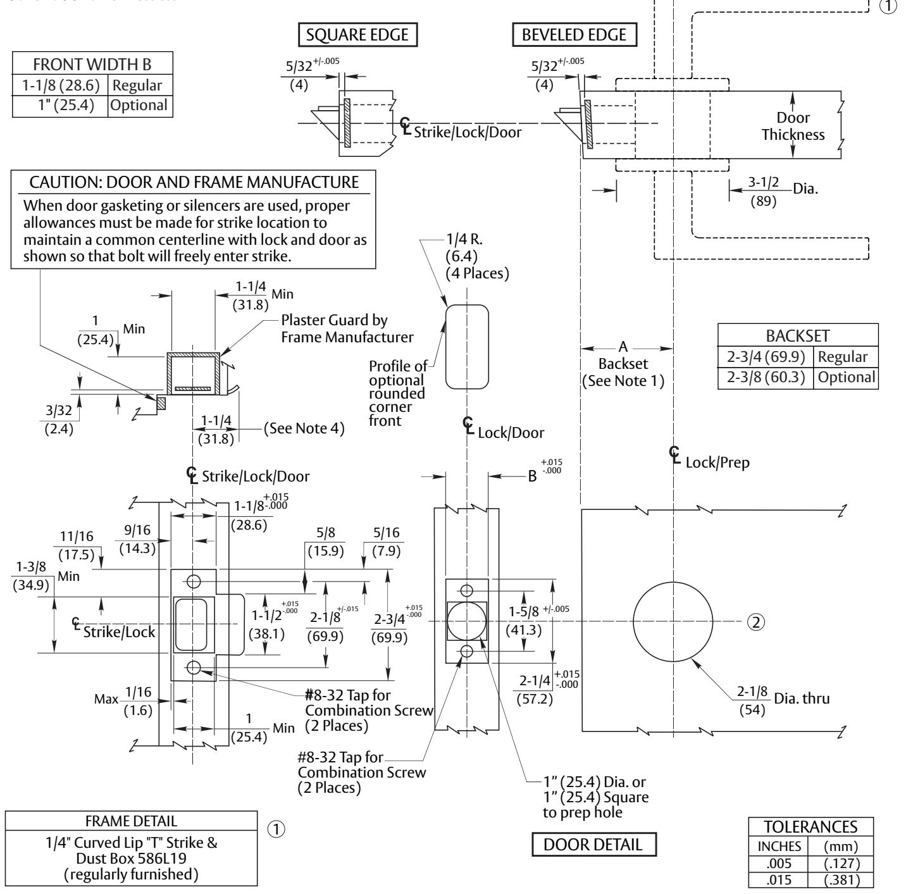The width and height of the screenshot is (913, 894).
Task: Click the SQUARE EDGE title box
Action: (x=357, y=35)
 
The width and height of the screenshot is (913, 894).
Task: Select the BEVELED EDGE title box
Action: (x=575, y=35)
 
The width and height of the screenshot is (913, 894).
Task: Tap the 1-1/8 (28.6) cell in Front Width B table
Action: (x=61, y=85)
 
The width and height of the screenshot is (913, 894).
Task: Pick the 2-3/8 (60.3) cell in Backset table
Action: (x=766, y=377)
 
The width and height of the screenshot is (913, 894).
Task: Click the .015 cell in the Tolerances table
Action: (x=778, y=880)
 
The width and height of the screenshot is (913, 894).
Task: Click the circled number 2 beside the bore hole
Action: (x=755, y=621)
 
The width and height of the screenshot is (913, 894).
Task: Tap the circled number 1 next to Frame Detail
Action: (x=276, y=829)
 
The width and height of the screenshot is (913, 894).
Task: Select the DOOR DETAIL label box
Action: (x=593, y=844)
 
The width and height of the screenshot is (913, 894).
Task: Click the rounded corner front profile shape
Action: (x=446, y=347)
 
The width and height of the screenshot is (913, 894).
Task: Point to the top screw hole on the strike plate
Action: (x=194, y=581)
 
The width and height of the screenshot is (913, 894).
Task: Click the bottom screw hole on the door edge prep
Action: (x=467, y=652)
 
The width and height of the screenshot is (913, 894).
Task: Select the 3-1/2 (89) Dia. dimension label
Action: (x=783, y=192)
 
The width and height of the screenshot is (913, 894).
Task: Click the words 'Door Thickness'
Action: (x=793, y=126)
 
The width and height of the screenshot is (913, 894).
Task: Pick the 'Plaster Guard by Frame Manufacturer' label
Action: (x=347, y=328)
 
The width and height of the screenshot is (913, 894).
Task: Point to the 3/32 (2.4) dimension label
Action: (x=59, y=419)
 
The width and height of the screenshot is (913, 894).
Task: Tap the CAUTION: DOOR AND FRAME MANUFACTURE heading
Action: (x=194, y=182)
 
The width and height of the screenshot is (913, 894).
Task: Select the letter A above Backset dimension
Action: (x=623, y=347)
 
